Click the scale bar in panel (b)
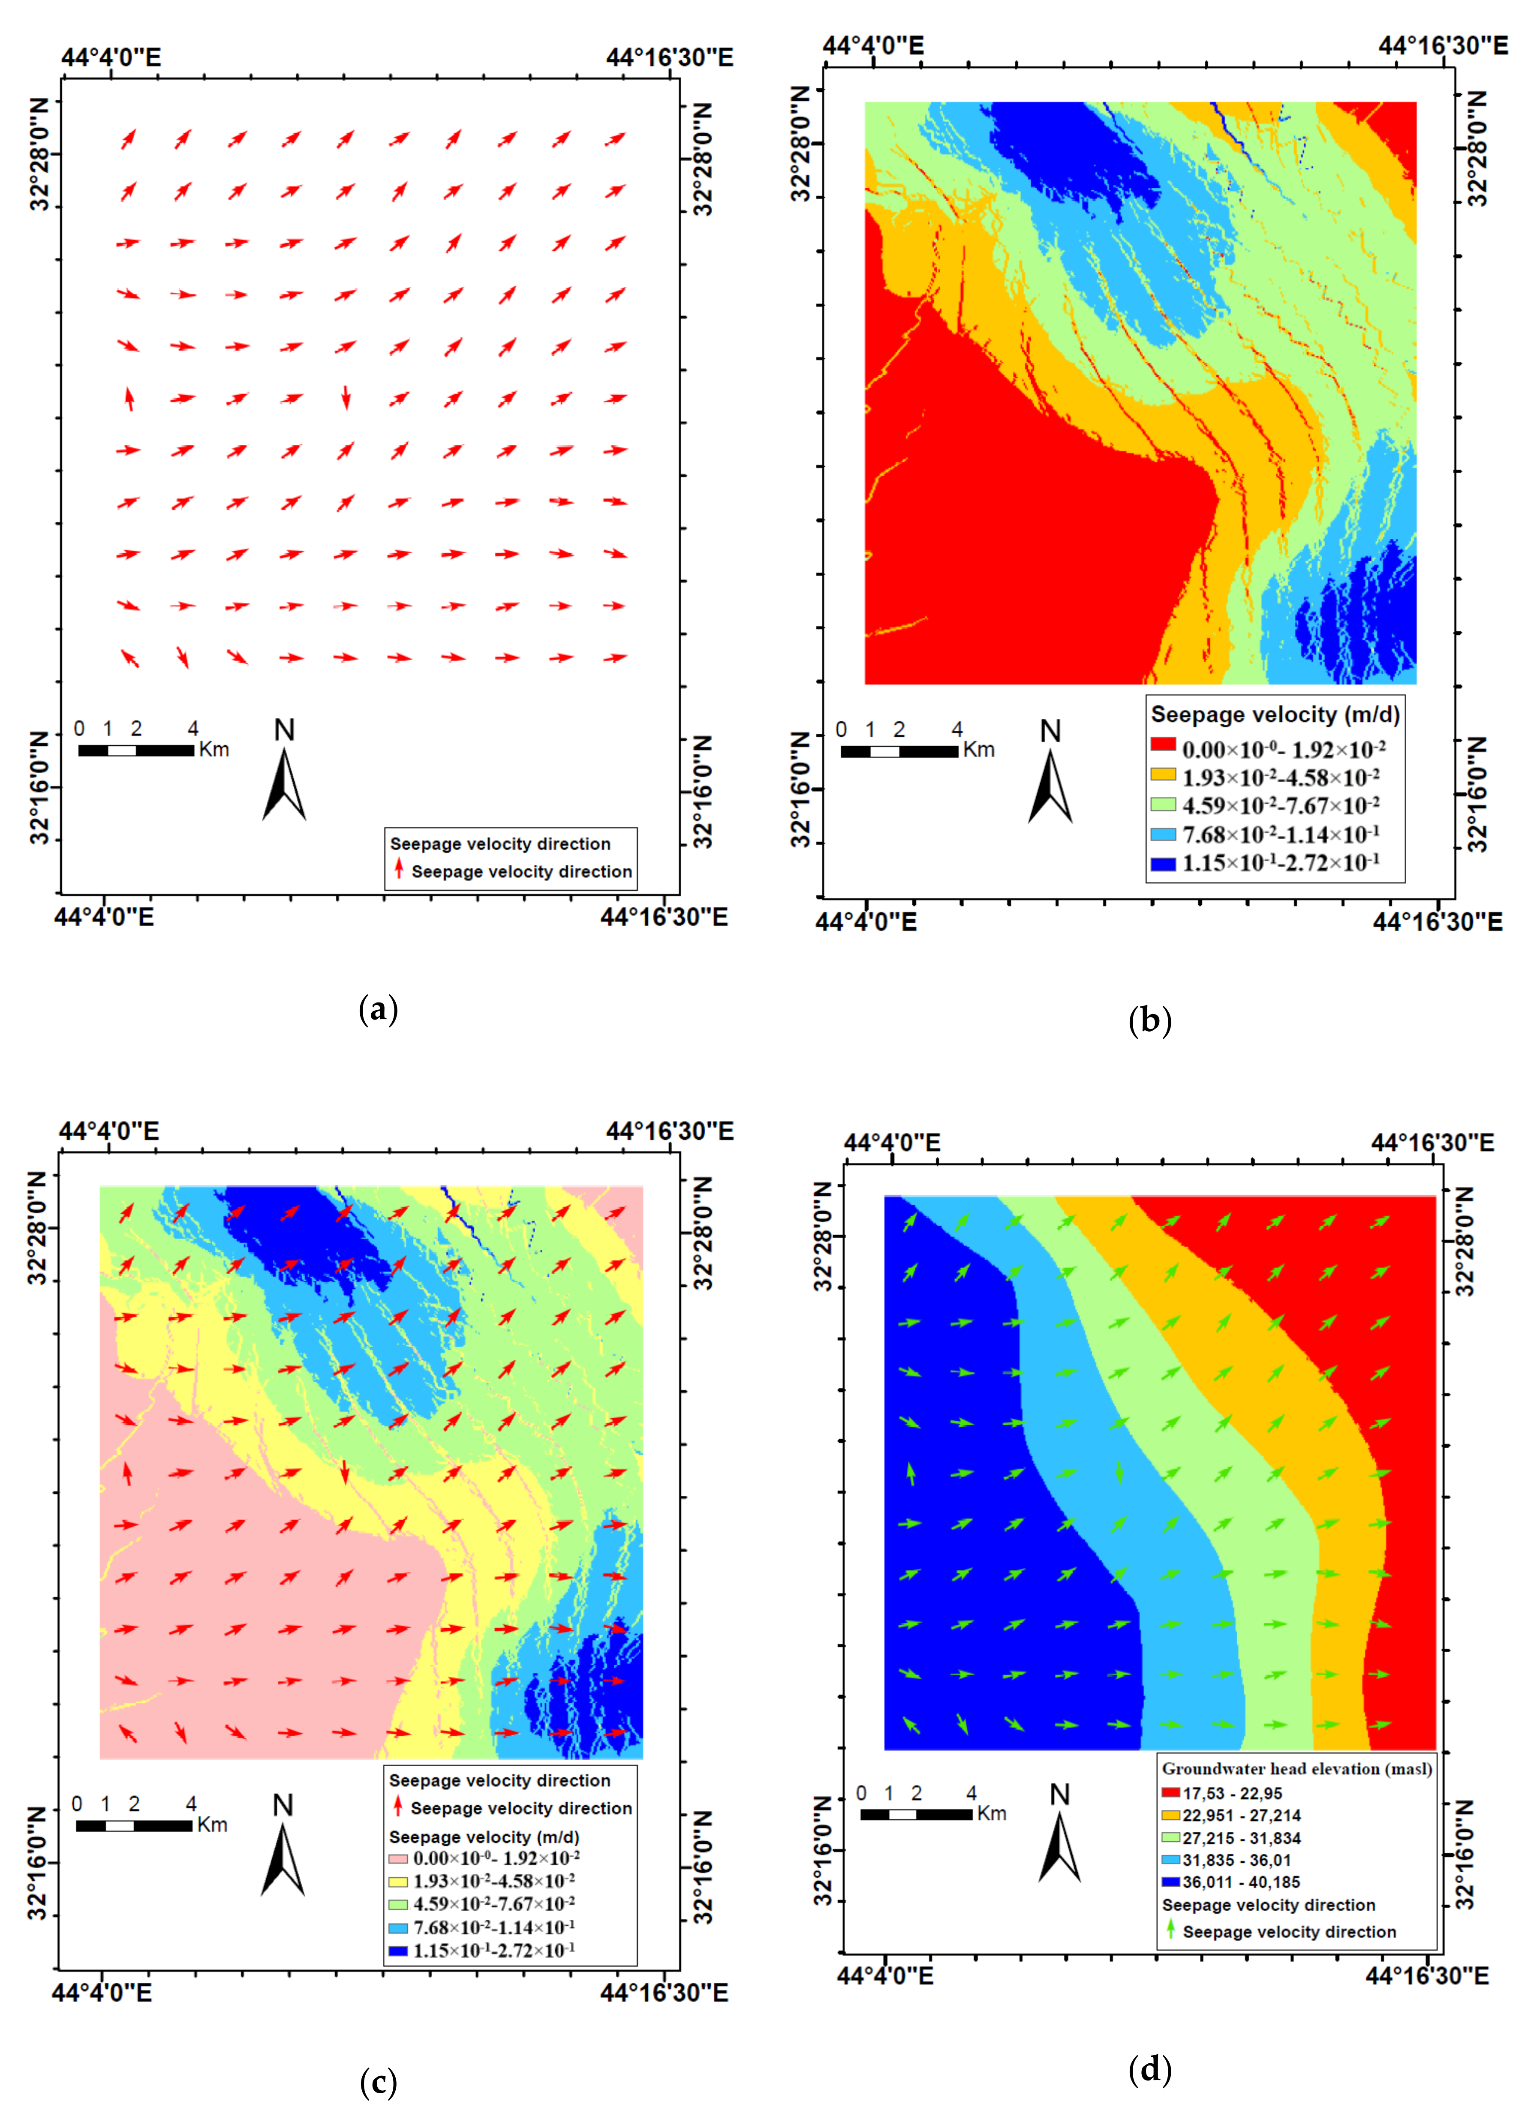point(899,751)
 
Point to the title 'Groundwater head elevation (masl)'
point(1296,1769)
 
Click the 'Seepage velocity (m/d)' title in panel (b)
point(1275,715)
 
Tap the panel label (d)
point(1149,2069)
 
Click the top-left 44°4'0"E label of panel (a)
point(110,58)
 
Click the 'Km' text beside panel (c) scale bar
point(212,1825)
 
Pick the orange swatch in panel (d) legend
point(1171,1814)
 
